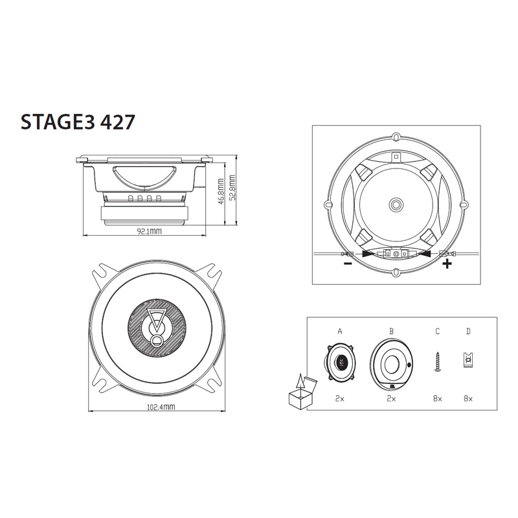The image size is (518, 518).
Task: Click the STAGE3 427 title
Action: [x=78, y=122]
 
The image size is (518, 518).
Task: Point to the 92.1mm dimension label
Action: [x=150, y=231]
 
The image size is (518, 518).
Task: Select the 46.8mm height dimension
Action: [x=221, y=192]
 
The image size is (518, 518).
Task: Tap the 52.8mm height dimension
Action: [x=232, y=188]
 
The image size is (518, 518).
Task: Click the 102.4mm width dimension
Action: [x=161, y=407]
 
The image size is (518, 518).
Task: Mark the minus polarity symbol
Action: [x=348, y=264]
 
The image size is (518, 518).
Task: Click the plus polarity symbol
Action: [x=447, y=264]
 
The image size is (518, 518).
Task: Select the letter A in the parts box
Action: [x=340, y=331]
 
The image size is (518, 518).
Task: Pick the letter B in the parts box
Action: [x=392, y=331]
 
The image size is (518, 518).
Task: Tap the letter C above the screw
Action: [x=438, y=331]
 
